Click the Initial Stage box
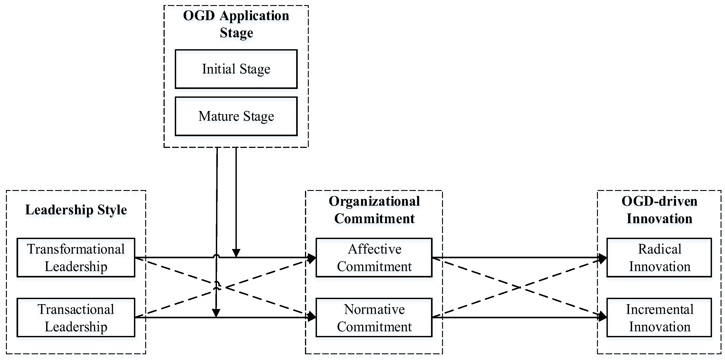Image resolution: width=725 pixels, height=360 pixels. tap(236, 69)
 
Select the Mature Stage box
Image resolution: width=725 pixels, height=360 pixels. tap(236, 116)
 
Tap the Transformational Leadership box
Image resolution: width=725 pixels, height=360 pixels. tap(76, 258)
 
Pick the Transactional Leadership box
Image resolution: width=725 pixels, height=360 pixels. tap(76, 317)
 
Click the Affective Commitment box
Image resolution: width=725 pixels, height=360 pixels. tap(374, 258)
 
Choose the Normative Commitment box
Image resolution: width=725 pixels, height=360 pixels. tap(374, 317)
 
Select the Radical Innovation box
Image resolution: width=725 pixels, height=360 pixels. tap(659, 258)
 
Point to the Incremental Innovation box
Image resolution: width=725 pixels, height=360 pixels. tap(659, 317)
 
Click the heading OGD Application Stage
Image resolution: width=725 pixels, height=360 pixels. tap(236, 24)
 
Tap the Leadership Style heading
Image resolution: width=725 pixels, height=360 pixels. tap(76, 210)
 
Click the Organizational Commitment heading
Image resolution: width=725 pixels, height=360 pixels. tap(374, 210)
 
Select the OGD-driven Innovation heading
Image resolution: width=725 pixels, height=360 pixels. tap(659, 210)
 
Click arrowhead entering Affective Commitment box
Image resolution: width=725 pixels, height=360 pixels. tap(311, 258)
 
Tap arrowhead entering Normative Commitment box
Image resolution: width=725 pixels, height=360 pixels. tap(311, 317)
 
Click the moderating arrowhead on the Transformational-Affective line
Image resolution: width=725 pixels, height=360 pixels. tap(236, 253)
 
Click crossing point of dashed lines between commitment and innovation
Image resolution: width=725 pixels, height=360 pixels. tap(520, 287)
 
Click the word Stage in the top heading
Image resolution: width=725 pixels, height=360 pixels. tap(236, 33)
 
